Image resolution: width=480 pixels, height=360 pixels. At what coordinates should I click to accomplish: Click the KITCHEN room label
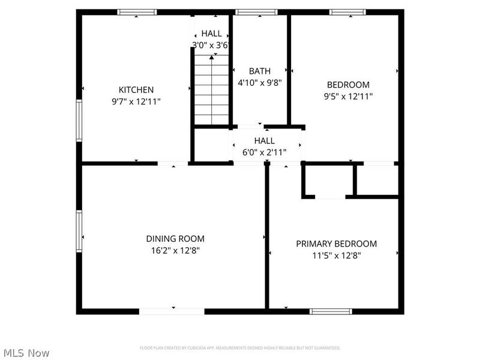pyautogui.click(x=136, y=90)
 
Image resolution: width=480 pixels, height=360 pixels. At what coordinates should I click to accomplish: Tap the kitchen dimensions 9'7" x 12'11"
pyautogui.click(x=136, y=102)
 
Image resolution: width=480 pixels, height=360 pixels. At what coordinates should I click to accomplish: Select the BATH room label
pyautogui.click(x=260, y=71)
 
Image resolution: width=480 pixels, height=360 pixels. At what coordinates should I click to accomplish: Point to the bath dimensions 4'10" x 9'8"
pyautogui.click(x=260, y=83)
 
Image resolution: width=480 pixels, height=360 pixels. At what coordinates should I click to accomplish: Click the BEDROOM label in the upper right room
pyautogui.click(x=348, y=85)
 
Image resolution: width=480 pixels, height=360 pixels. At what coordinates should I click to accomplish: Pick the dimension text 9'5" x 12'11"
pyautogui.click(x=348, y=96)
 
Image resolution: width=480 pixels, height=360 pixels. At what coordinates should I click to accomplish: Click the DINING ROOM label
pyautogui.click(x=175, y=238)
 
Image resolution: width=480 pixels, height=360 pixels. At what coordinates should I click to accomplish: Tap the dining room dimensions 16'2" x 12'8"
pyautogui.click(x=175, y=250)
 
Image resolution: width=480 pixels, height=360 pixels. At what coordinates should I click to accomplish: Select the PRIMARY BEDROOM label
pyautogui.click(x=336, y=244)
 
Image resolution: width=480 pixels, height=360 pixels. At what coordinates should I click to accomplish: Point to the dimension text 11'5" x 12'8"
pyautogui.click(x=336, y=256)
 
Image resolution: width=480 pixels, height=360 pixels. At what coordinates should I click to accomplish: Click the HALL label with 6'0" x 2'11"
pyautogui.click(x=264, y=141)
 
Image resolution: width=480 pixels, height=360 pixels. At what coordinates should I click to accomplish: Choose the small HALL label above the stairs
pyautogui.click(x=211, y=34)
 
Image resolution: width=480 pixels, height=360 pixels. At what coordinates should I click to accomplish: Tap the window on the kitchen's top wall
pyautogui.click(x=137, y=11)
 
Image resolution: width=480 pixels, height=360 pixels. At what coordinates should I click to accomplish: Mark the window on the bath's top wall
pyautogui.click(x=256, y=11)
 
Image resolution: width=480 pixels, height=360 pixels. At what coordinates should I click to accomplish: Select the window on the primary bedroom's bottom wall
pyautogui.click(x=331, y=311)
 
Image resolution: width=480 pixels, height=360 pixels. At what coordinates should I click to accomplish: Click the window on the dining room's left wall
pyautogui.click(x=79, y=230)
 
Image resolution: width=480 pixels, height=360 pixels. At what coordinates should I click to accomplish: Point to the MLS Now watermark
pyautogui.click(x=26, y=353)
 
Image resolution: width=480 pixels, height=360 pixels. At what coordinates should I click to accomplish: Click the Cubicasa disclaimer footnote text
pyautogui.click(x=240, y=348)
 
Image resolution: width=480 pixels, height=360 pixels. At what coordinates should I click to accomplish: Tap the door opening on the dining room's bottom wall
pyautogui.click(x=172, y=311)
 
